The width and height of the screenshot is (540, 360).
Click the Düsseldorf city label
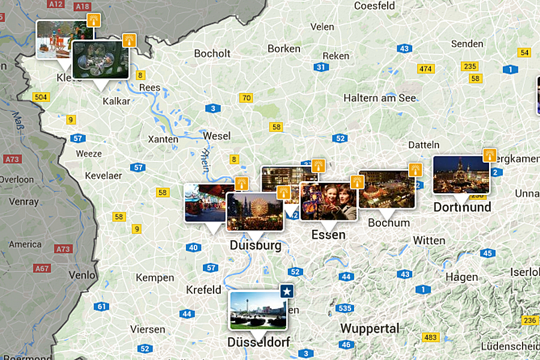pyautogui.click(x=259, y=343)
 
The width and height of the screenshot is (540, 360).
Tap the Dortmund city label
pyautogui.click(x=462, y=208)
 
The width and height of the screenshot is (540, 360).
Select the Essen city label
pyautogui.click(x=328, y=235)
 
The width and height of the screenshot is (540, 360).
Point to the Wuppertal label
pyautogui.click(x=370, y=329)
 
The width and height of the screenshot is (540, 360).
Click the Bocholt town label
pyautogui.click(x=212, y=53)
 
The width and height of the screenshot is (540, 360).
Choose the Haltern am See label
pyautogui.click(x=380, y=98)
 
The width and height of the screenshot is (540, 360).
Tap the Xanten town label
pyautogui.click(x=163, y=139)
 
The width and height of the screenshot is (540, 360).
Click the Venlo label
pyautogui.click(x=82, y=275)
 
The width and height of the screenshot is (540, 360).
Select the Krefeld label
pyautogui.click(x=203, y=290)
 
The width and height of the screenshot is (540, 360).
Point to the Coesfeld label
pyautogui.click(x=374, y=6)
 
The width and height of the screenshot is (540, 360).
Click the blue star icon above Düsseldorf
pyautogui.click(x=287, y=292)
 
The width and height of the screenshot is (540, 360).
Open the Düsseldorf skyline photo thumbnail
pyautogui.click(x=258, y=310)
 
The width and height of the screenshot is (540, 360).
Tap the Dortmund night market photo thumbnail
pyautogui.click(x=460, y=174)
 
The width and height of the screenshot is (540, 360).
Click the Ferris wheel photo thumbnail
pyautogui.click(x=254, y=211)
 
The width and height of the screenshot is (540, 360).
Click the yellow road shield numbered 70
pyautogui.click(x=245, y=98)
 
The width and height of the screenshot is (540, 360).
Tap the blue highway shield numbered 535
pyautogui.click(x=344, y=308)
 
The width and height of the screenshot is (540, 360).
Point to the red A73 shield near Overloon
pyautogui.click(x=12, y=160)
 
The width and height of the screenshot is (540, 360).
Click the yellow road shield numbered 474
pyautogui.click(x=425, y=69)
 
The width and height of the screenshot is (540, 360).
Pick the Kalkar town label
pyautogui.click(x=116, y=101)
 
